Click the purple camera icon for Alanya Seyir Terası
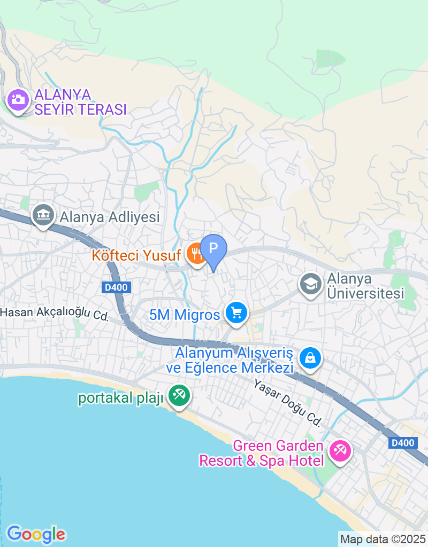click(x=18, y=100)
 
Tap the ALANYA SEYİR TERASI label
click(x=80, y=103)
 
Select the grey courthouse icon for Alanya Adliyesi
click(x=42, y=215)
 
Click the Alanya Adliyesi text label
click(x=110, y=217)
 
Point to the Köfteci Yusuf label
click(x=136, y=255)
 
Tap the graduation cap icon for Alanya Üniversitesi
click(x=310, y=283)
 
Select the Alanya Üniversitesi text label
click(x=365, y=286)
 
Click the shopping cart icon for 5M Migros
click(x=236, y=312)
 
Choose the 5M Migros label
click(x=185, y=315)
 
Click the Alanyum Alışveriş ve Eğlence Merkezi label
click(x=235, y=361)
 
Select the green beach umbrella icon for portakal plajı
click(x=178, y=396)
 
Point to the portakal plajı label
click(x=120, y=398)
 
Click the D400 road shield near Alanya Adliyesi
click(x=116, y=287)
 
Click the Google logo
click(x=35, y=534)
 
